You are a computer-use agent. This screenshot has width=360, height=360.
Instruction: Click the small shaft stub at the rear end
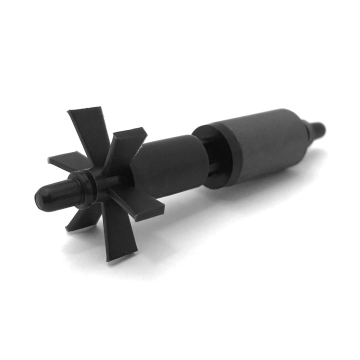pyautogui.click(x=320, y=128)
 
